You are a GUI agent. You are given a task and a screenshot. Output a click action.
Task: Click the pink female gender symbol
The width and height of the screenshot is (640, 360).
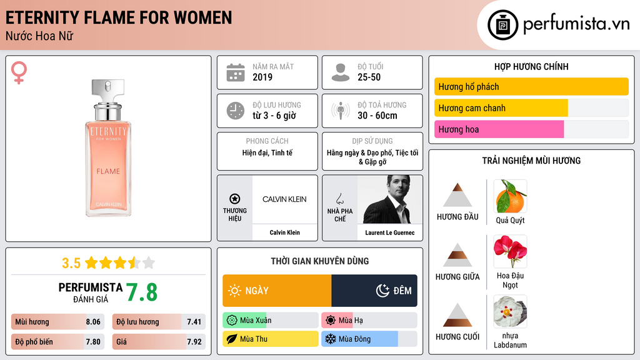click(19, 72)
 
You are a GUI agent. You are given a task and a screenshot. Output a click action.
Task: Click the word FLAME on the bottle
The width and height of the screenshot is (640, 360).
click(108, 171)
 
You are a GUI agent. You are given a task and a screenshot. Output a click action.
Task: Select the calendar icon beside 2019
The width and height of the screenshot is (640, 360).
click(236, 72)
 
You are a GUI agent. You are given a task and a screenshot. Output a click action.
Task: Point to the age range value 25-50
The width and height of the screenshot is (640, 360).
click(369, 77)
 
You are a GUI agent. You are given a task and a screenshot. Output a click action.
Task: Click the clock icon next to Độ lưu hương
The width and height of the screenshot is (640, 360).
click(236, 111)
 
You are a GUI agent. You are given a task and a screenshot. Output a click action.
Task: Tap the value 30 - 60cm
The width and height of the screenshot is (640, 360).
click(377, 116)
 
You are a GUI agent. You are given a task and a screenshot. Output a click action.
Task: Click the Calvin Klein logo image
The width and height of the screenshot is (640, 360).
click(284, 199)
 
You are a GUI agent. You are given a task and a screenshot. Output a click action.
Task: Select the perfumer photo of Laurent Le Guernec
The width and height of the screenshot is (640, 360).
click(390, 199)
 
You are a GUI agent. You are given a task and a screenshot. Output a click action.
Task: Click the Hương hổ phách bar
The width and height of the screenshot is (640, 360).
click(531, 86)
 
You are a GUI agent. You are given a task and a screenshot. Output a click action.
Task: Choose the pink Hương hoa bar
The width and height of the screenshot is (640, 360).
click(499, 129)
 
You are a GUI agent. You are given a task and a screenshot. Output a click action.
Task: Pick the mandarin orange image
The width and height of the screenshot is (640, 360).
click(510, 196)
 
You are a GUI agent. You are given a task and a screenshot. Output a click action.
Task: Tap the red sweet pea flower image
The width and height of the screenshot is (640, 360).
click(510, 251)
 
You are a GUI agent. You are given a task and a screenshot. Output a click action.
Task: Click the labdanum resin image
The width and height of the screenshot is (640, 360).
click(510, 311)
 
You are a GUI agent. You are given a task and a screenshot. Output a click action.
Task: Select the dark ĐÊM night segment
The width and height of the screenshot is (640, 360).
click(374, 291)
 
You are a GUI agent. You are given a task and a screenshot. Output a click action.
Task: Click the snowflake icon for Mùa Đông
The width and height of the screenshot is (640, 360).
click(330, 339)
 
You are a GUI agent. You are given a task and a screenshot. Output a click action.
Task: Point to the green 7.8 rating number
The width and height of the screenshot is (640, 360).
click(142, 292)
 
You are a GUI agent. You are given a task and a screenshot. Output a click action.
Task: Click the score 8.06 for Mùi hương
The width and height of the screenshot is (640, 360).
click(93, 322)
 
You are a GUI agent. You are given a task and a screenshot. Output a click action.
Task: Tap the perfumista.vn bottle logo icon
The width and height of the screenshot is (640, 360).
click(502, 25)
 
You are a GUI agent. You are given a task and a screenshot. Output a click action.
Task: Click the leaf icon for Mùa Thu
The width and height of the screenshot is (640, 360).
click(231, 339)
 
